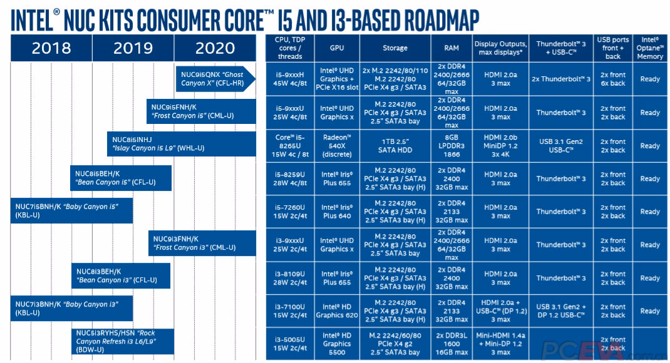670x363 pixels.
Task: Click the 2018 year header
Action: pos(51,48)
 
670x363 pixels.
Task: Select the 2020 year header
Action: pos(215,48)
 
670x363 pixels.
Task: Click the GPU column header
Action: pos(337,48)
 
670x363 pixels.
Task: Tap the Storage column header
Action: pos(395,48)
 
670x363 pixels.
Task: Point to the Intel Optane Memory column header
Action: pos(650,48)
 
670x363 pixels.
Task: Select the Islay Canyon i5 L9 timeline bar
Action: pos(182,144)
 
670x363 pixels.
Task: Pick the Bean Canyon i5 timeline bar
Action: pos(120,178)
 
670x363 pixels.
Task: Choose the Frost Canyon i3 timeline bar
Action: pos(202,243)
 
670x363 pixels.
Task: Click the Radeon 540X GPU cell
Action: pos(337,145)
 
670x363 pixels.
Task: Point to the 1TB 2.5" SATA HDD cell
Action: pos(395,145)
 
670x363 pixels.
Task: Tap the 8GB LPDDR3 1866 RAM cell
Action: pos(451,145)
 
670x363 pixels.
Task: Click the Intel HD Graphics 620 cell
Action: pos(337,311)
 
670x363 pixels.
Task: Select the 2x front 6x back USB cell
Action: pos(612,79)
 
